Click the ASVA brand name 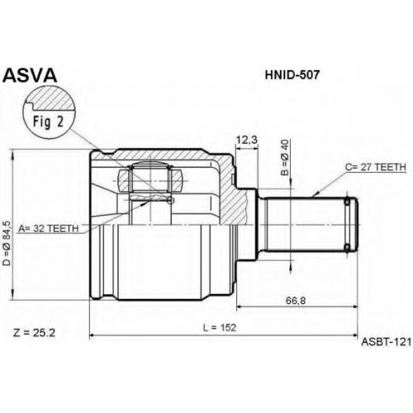[x=30, y=75]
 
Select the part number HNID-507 [x=292, y=74]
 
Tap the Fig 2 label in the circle [x=49, y=121]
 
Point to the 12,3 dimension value [x=247, y=140]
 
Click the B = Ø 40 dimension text [x=285, y=158]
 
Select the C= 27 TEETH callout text [x=376, y=167]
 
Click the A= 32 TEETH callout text [x=49, y=228]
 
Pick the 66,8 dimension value [x=296, y=301]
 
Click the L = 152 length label [x=220, y=328]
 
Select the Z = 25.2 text [x=34, y=333]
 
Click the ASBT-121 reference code [x=387, y=342]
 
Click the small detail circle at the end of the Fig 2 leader [x=171, y=201]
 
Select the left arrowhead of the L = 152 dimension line [x=93, y=335]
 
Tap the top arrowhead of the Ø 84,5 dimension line [x=12, y=154]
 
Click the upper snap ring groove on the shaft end [x=348, y=202]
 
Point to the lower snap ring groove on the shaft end [x=348, y=248]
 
